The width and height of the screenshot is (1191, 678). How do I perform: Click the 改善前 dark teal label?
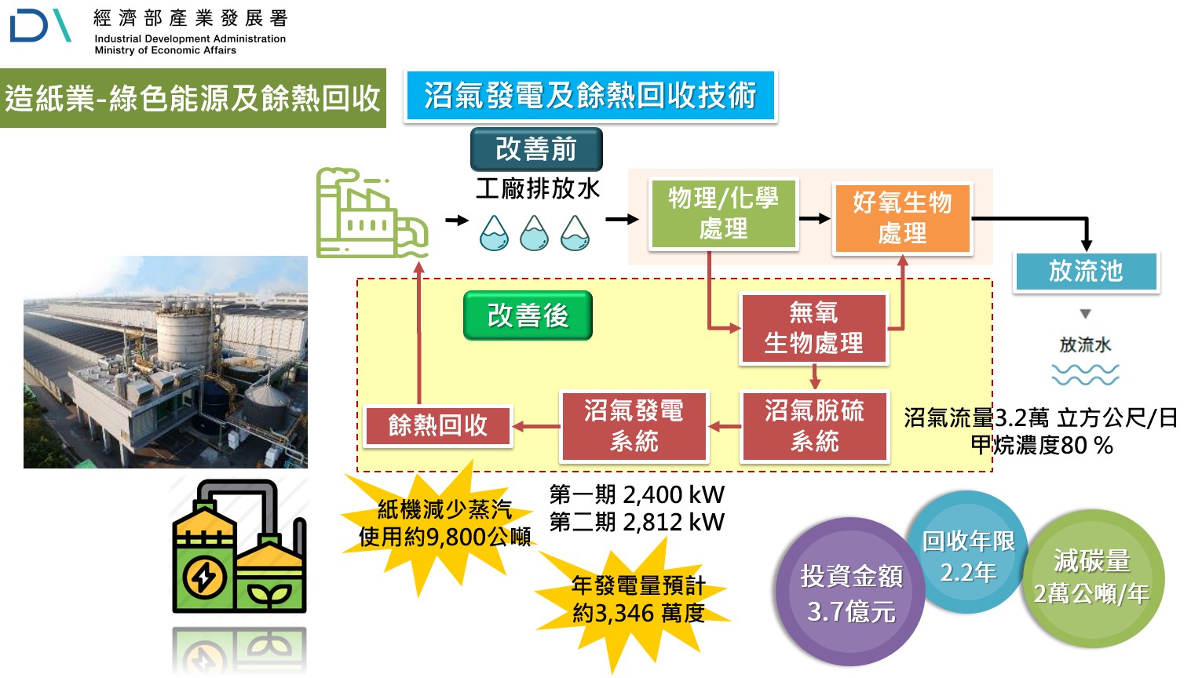click(x=536, y=149)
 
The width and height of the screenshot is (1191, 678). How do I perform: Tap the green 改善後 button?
click(x=528, y=315)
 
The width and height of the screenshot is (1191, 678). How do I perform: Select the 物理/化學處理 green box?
click(x=723, y=213)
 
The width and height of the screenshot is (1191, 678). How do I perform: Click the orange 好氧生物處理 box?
click(x=902, y=218)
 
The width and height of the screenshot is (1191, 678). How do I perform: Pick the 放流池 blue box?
click(x=1086, y=272)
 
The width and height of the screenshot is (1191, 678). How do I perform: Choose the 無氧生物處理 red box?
click(x=813, y=329)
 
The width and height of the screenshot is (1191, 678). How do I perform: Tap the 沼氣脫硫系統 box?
click(x=814, y=426)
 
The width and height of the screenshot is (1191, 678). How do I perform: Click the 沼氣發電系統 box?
click(x=634, y=426)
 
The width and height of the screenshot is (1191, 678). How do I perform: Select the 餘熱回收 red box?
click(x=438, y=425)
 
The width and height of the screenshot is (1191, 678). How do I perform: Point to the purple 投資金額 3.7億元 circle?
click(x=850, y=592)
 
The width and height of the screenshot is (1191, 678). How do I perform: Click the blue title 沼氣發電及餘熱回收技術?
click(x=590, y=96)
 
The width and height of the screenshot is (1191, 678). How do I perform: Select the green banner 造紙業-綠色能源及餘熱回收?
click(x=192, y=98)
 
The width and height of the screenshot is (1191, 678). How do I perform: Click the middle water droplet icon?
click(x=535, y=233)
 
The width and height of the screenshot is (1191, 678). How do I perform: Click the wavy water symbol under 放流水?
click(x=1085, y=375)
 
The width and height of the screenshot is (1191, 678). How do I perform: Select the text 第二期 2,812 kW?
click(x=637, y=522)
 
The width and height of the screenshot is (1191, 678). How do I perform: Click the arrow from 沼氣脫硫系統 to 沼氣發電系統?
click(x=725, y=427)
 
